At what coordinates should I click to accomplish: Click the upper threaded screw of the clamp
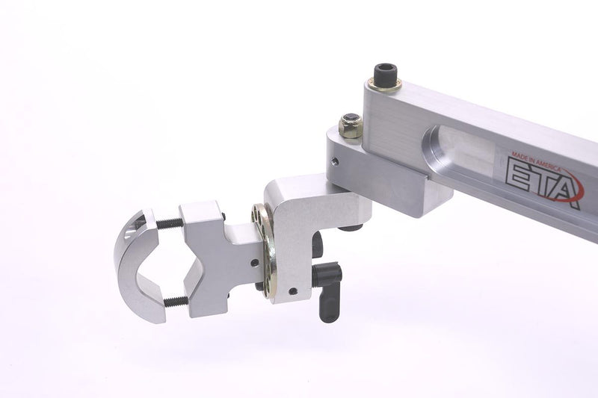[x=170, y=223]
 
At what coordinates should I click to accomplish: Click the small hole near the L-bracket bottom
[x=292, y=291]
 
